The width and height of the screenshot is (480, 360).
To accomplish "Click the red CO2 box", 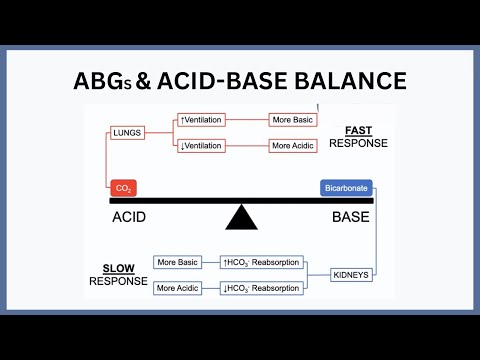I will tap(124, 187).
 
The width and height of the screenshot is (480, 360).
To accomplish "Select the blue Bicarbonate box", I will tap(346, 187).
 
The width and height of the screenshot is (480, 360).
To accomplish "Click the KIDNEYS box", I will tap(353, 273).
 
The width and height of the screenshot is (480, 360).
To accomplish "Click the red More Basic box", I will tap(293, 120).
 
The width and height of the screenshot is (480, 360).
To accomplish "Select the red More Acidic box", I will tap(293, 146).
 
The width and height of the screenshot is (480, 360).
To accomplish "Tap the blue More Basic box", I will tap(178, 262).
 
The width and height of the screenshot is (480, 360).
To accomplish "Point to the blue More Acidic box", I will tap(178, 287).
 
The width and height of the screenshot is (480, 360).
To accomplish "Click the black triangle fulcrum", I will tap(240, 216).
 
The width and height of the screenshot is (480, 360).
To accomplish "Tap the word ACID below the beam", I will tap(133, 215).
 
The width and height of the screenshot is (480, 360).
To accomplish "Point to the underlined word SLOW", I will tap(120, 268).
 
